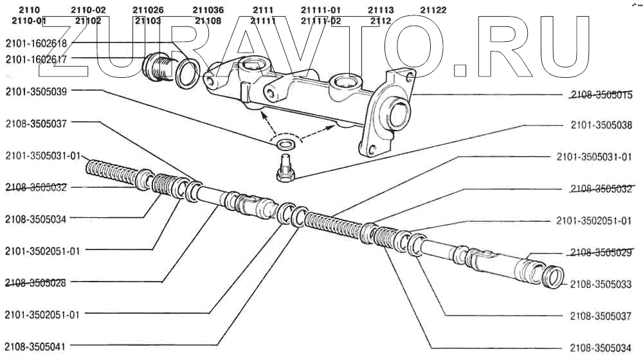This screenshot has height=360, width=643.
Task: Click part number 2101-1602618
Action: [x=36, y=43]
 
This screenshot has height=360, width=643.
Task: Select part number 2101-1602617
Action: [x=36, y=59]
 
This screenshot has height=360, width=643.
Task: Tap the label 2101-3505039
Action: [x=36, y=91]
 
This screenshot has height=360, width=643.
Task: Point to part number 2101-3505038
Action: [x=601, y=126]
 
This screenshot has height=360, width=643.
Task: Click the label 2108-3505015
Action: [x=601, y=96]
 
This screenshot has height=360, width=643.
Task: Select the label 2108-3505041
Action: [x=36, y=345]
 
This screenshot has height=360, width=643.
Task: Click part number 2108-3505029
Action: [x=601, y=253]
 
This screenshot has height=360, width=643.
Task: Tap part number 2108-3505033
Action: [x=601, y=283]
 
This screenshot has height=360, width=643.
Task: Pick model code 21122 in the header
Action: [x=433, y=10]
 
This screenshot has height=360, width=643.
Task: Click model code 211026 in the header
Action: [x=148, y=10]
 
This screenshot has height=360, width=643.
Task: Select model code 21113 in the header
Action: [x=381, y=10]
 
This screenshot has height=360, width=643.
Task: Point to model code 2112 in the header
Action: [x=381, y=21]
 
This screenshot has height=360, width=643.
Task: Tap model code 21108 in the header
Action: [x=208, y=21]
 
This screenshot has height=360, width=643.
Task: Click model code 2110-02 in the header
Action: [x=88, y=10]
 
